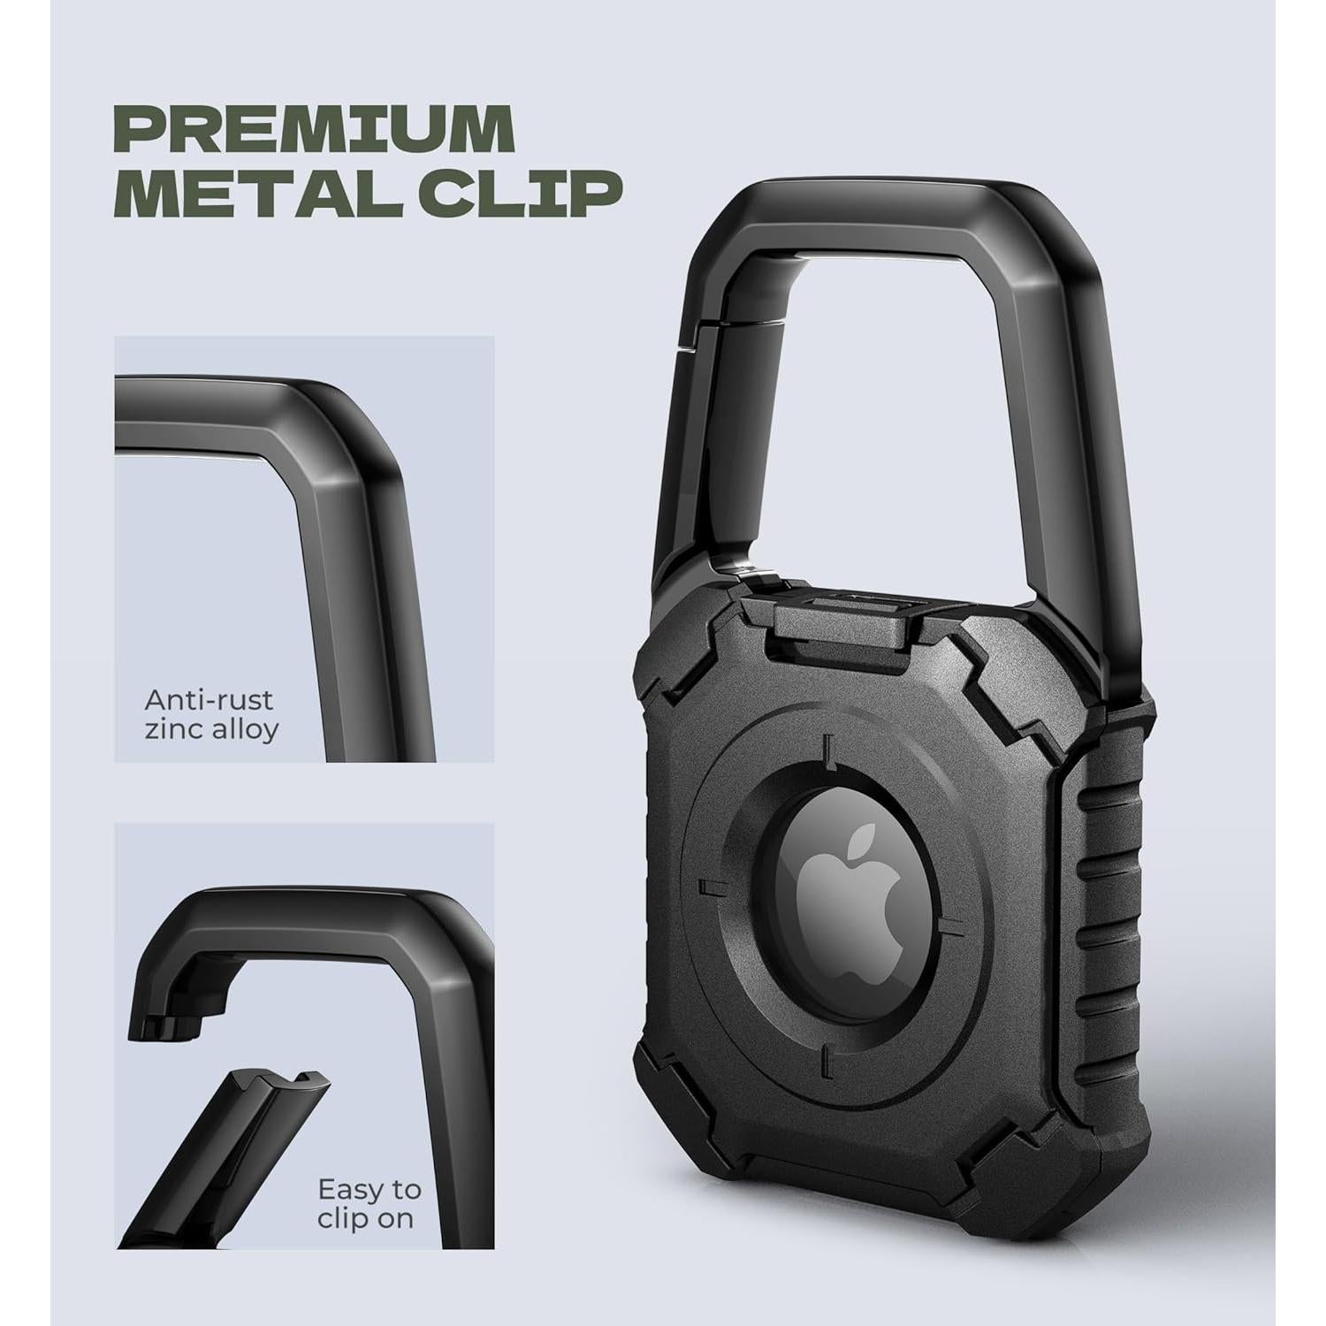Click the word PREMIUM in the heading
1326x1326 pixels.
(x=316, y=128)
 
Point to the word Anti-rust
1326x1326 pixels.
(x=209, y=700)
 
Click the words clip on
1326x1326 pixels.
(x=365, y=1220)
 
